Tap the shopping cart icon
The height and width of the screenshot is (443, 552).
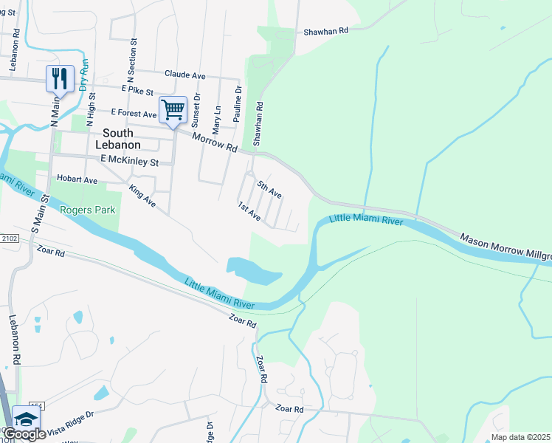pyautogui.click(x=173, y=110)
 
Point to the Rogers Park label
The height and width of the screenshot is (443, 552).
pyautogui.click(x=88, y=210)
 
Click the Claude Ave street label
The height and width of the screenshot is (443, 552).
pyautogui.click(x=185, y=75)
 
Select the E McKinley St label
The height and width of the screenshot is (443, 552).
pyautogui.click(x=130, y=160)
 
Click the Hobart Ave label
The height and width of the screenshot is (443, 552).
pyautogui.click(x=77, y=179)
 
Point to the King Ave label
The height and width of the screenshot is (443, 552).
pyautogui.click(x=142, y=196)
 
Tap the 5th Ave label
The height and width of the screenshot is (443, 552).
pyautogui.click(x=269, y=188)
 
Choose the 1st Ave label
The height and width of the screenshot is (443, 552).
pyautogui.click(x=249, y=212)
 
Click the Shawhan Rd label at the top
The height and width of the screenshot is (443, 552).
pyautogui.click(x=325, y=32)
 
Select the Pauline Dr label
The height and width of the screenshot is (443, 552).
pyautogui.click(x=238, y=104)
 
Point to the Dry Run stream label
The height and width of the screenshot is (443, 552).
pyautogui.click(x=84, y=75)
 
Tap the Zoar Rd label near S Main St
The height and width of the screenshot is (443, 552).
pyautogui.click(x=50, y=253)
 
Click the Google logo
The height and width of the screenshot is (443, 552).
pyautogui.click(x=25, y=434)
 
